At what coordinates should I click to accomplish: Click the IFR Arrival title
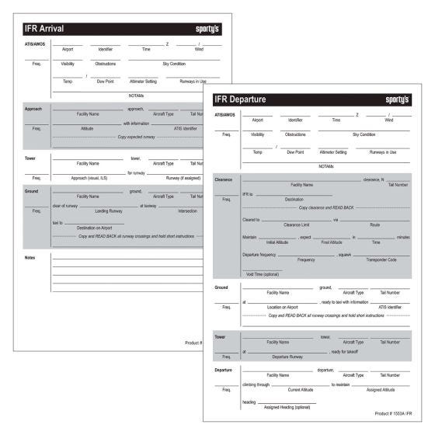point(43,29)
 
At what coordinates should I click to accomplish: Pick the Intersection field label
point(187,211)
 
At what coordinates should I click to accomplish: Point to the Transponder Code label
point(381,259)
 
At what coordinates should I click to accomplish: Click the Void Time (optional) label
point(262,274)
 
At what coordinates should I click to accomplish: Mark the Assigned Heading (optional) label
point(287,407)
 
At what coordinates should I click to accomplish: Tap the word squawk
point(345,254)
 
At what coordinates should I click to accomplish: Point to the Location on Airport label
point(283,308)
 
